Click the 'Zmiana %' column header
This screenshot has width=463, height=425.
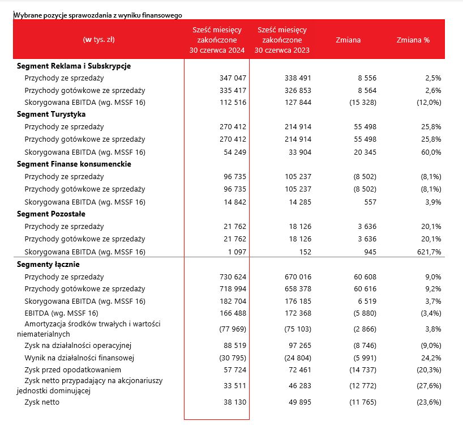[413, 40]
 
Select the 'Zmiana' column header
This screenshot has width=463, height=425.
[348, 40]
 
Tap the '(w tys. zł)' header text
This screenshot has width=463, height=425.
[99, 40]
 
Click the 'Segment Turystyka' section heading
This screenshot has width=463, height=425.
[51, 114]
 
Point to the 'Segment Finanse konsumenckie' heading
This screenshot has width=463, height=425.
[74, 164]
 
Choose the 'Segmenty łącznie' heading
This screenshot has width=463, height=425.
[48, 264]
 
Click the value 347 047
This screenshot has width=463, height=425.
[233, 78]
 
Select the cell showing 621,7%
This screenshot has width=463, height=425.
[429, 252]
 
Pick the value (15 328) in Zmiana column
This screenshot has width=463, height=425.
[363, 103]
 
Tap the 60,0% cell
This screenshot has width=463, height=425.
[431, 152]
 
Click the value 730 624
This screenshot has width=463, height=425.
[233, 277]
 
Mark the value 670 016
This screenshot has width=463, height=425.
[298, 277]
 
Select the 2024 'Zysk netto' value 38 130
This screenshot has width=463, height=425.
[235, 402]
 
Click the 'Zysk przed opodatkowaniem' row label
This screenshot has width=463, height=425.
[72, 370]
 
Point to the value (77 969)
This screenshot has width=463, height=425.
[233, 329]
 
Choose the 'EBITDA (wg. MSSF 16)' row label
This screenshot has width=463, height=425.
[62, 313]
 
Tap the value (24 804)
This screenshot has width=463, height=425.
[298, 358]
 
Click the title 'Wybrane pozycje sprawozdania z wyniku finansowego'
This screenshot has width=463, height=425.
[98, 15]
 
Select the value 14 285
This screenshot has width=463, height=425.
[300, 202]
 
